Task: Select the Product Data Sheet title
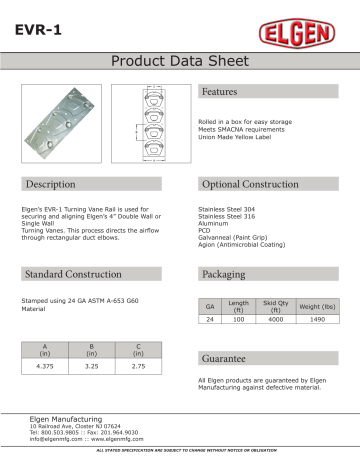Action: tap(180, 61)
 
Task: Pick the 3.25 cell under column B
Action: tap(91, 369)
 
